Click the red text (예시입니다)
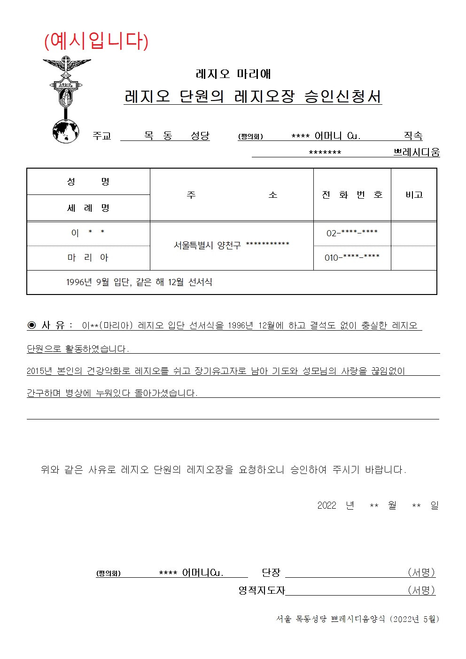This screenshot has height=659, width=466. [96, 41]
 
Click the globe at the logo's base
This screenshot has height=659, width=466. [66, 131]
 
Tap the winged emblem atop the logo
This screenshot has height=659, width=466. [67, 64]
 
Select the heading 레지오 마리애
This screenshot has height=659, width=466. [233, 74]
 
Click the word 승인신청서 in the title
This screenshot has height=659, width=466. [342, 96]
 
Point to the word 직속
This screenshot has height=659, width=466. [413, 136]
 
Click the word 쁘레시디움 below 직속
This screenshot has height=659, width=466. [416, 152]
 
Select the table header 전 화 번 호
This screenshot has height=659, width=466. [352, 194]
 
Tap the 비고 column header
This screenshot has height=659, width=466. [414, 194]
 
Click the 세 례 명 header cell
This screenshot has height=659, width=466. [88, 208]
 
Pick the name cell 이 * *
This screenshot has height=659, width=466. [88, 233]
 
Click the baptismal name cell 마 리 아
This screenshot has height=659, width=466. [88, 257]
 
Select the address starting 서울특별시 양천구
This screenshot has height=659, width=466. [231, 245]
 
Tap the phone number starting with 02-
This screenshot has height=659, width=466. [352, 233]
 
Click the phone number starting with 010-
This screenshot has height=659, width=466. [352, 257]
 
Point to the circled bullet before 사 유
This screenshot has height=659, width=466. [32, 325]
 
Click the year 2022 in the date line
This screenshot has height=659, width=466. [326, 505]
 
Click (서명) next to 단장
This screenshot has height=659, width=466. [421, 572]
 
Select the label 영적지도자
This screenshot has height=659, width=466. [262, 590]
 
